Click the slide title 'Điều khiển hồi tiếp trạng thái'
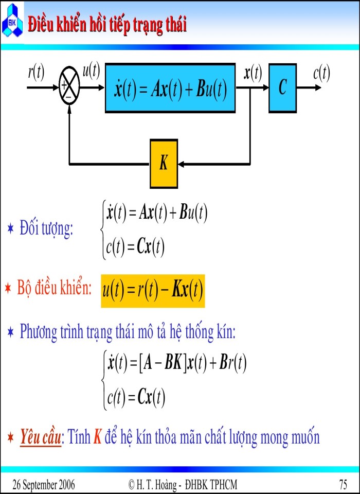107,24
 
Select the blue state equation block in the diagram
170,88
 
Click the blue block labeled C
282,88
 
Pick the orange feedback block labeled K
164,164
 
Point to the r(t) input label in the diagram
36,73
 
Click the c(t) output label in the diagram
321,73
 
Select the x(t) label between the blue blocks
253,73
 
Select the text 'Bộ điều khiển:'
54,288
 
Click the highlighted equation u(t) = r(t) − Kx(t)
153,291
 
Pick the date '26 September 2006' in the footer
44,484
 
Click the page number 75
343,484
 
